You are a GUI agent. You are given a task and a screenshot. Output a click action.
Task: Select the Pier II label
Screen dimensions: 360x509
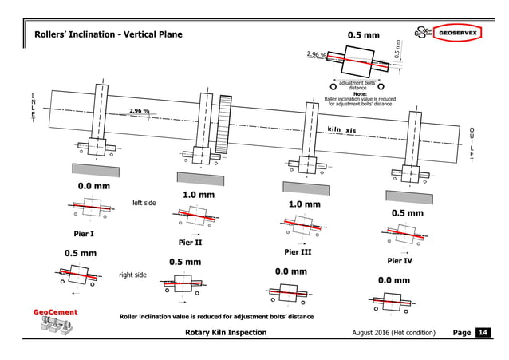tap(190, 243)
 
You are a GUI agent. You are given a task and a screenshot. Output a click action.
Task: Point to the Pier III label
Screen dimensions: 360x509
tap(297, 251)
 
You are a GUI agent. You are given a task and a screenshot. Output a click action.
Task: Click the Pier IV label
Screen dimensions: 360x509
tap(400, 260)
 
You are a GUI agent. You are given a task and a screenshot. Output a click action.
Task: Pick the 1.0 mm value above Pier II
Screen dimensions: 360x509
tap(199, 195)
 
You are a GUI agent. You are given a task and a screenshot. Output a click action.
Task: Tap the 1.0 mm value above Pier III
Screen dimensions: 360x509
tap(304, 204)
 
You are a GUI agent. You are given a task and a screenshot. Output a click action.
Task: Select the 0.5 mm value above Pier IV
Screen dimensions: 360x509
tap(407, 214)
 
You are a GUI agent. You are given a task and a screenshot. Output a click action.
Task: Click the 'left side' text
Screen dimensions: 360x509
tap(144, 203)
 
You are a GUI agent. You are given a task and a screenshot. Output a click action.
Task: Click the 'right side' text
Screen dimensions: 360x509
tap(133, 275)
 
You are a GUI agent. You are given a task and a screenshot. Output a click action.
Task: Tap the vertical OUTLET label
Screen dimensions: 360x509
tap(472, 144)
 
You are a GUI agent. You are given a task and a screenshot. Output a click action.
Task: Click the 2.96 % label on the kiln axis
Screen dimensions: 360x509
tap(140, 112)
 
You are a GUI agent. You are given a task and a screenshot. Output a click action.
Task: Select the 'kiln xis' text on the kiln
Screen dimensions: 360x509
tap(342, 130)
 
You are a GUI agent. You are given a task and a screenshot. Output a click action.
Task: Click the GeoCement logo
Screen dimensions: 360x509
tap(55, 321)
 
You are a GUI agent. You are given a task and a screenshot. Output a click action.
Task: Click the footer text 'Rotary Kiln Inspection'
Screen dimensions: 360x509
tap(226, 332)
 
